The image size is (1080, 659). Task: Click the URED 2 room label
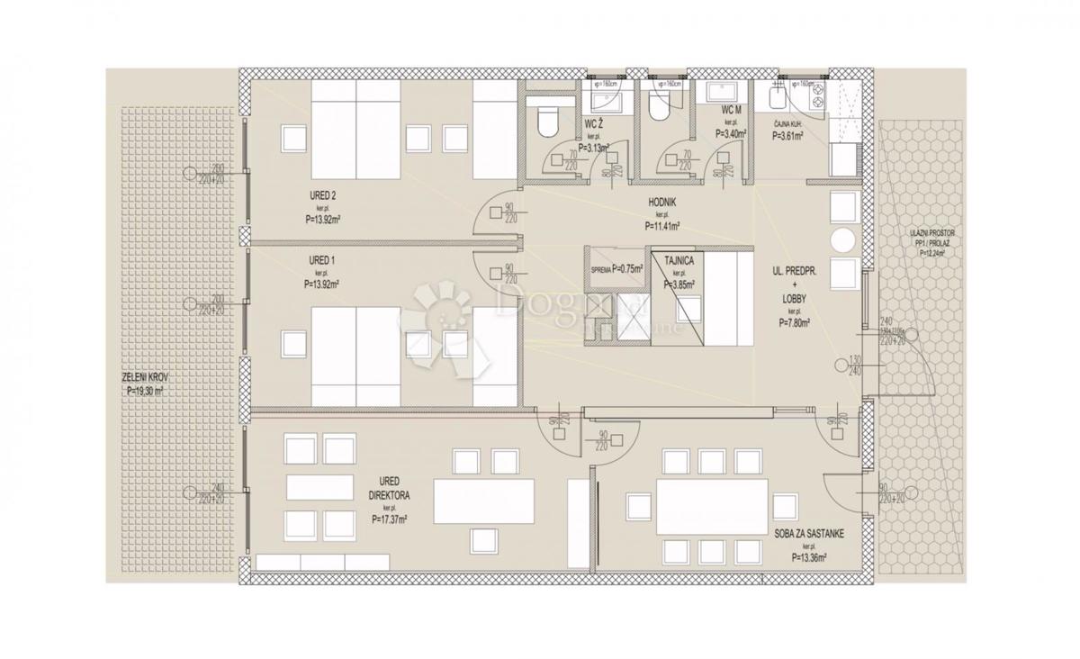[321, 194]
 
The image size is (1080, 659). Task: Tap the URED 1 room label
[321, 261]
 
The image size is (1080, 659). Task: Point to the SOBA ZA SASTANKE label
[810, 533]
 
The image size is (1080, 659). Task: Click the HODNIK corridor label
[661, 203]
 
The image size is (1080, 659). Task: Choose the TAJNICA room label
[679, 261]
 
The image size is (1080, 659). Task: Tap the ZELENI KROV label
[144, 379]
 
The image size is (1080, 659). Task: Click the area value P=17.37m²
[389, 519]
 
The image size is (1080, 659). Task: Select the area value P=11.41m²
[661, 227]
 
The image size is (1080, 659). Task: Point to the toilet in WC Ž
[546, 118]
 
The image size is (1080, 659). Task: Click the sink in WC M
[723, 94]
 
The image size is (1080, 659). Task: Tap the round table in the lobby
[843, 240]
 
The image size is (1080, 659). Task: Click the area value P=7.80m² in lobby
[793, 321]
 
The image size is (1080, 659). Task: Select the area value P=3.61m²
[789, 137]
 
